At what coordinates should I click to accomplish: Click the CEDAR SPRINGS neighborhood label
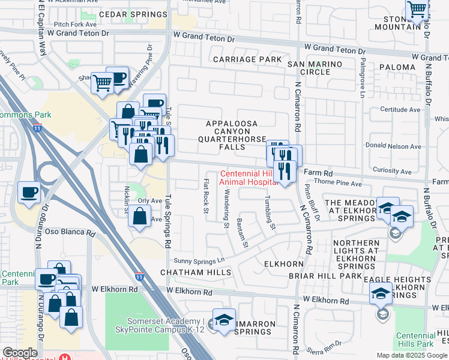(133, 14)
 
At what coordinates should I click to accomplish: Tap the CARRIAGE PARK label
(247, 59)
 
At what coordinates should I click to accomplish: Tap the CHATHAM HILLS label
(196, 272)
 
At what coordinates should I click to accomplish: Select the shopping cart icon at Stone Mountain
(416, 10)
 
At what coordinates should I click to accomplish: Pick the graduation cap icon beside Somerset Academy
(224, 321)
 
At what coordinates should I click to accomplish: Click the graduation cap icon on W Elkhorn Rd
(381, 293)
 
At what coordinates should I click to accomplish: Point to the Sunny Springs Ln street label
(198, 260)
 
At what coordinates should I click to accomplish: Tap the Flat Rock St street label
(205, 196)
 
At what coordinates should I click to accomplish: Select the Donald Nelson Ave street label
(393, 146)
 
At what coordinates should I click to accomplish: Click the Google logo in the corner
(20, 353)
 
